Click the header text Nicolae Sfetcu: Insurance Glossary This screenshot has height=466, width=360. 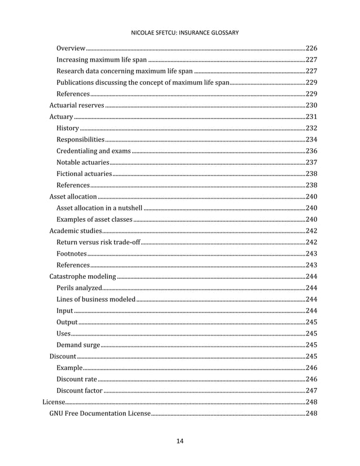[x=185, y=33]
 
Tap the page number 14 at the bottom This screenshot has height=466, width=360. [x=180, y=441]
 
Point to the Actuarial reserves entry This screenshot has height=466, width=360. [x=76, y=105]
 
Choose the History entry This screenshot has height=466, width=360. [x=68, y=128]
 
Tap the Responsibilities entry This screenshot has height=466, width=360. [x=80, y=139]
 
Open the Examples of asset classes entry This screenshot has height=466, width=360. [x=94, y=219]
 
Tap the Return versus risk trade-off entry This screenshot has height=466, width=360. [x=98, y=243]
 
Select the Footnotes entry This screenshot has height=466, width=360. [x=72, y=254]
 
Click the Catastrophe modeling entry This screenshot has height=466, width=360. [x=82, y=276]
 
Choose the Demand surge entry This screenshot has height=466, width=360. [x=78, y=345]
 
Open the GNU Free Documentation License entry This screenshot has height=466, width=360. [x=99, y=414]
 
